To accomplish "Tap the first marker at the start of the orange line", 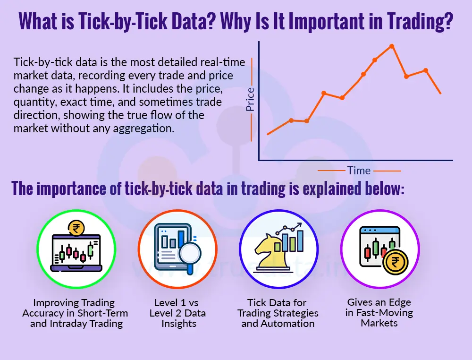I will click(268, 134).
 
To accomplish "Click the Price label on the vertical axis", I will click(250, 99).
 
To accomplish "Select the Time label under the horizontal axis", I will click(359, 171).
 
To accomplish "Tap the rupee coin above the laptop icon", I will click(75, 229).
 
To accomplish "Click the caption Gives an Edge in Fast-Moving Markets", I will click(379, 313).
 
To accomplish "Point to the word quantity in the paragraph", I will click(33, 102).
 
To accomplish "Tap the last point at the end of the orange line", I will click(440, 93).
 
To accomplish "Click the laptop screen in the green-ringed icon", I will click(76, 251).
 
